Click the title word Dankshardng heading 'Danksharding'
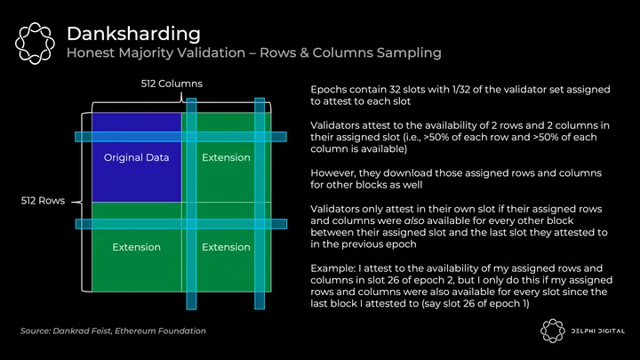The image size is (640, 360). (132, 34)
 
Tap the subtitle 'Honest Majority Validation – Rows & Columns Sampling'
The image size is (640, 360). (253, 53)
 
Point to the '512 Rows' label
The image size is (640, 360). (43, 202)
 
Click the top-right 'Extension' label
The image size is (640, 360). (226, 158)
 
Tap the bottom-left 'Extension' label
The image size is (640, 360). (136, 247)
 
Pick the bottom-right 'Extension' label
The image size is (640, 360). (226, 247)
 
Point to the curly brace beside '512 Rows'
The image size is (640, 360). (83, 202)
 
